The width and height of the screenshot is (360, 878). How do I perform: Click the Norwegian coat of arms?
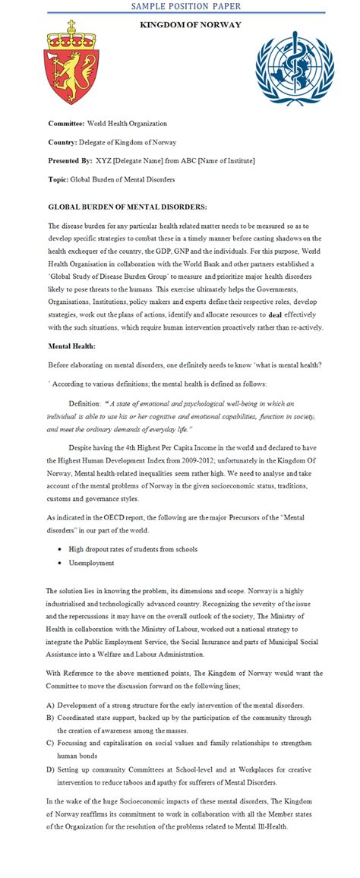click(x=73, y=64)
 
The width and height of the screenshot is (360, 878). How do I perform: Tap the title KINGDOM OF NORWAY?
click(x=191, y=25)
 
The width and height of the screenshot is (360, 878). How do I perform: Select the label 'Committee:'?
click(x=66, y=123)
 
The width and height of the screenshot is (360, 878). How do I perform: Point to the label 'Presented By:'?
click(x=70, y=160)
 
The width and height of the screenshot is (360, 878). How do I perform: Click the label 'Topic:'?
click(x=58, y=179)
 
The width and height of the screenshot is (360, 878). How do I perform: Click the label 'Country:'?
click(x=63, y=142)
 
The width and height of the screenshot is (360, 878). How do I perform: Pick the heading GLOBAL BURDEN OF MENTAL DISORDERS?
click(x=127, y=207)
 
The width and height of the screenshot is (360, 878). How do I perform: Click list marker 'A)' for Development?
click(x=49, y=704)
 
